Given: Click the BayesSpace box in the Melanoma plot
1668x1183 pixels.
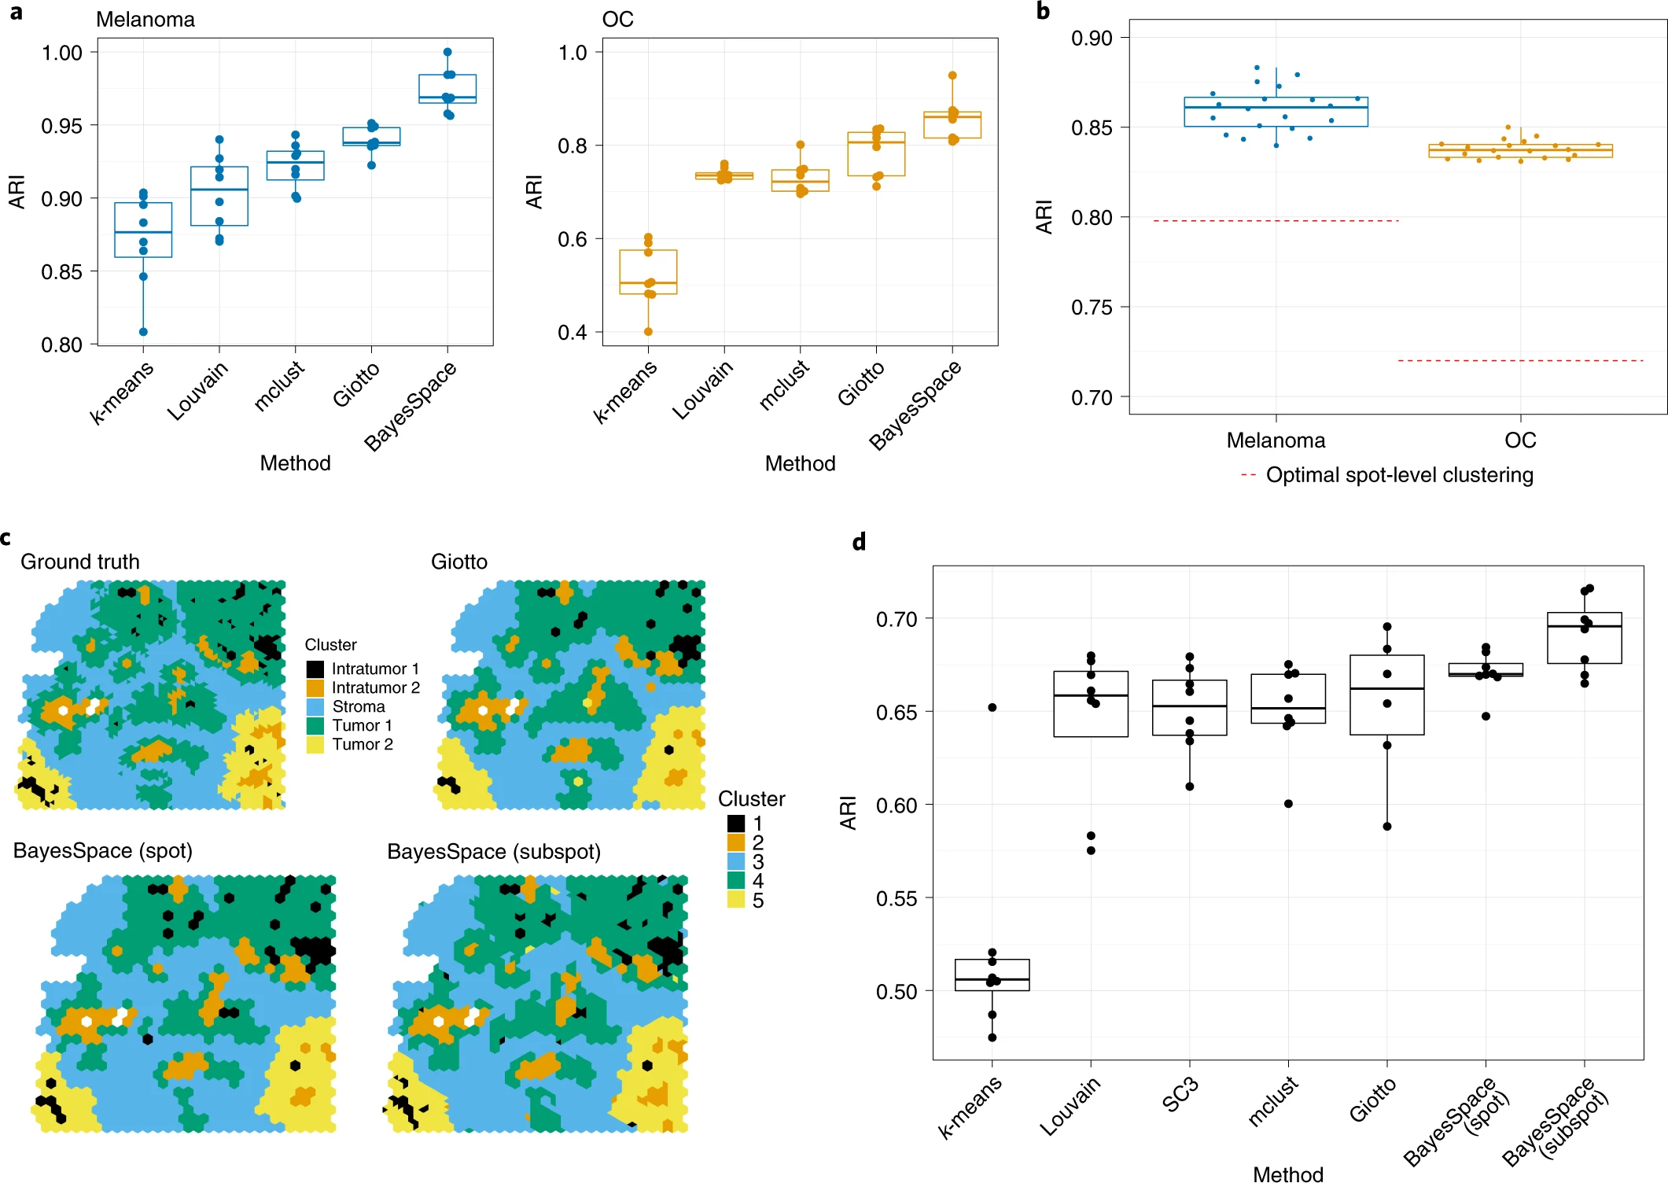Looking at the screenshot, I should pyautogui.click(x=447, y=88).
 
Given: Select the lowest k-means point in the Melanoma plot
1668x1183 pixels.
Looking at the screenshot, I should pyautogui.click(x=143, y=332).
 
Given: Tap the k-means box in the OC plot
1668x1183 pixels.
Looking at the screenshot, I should pyautogui.click(x=648, y=271).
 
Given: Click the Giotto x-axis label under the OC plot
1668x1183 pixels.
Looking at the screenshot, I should pyautogui.click(x=861, y=385).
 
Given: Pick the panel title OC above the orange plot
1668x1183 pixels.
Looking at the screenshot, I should pyautogui.click(x=617, y=20).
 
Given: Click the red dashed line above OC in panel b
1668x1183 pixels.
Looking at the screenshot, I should pyautogui.click(x=1520, y=361).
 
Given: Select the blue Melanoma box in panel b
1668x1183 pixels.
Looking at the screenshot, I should pyautogui.click(x=1276, y=112).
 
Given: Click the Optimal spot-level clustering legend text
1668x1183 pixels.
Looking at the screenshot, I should pyautogui.click(x=1399, y=475).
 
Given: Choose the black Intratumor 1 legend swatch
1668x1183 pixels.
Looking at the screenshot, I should pyautogui.click(x=315, y=669).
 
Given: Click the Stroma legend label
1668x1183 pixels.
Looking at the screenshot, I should pyautogui.click(x=359, y=707).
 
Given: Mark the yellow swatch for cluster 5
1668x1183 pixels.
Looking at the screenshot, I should pyautogui.click(x=736, y=900).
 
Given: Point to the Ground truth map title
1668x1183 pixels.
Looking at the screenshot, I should pyautogui.click(x=80, y=562).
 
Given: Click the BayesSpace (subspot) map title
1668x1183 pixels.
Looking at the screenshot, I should pyautogui.click(x=494, y=852).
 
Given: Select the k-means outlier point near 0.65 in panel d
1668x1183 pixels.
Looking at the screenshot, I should pyautogui.click(x=992, y=708).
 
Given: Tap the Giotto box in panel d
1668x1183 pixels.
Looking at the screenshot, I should pyautogui.click(x=1386, y=695).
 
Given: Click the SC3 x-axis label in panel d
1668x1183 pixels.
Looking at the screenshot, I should pyautogui.click(x=1180, y=1095).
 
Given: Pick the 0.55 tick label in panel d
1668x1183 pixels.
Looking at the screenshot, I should pyautogui.click(x=897, y=899).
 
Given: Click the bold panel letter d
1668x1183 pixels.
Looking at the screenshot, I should pyautogui.click(x=860, y=542).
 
